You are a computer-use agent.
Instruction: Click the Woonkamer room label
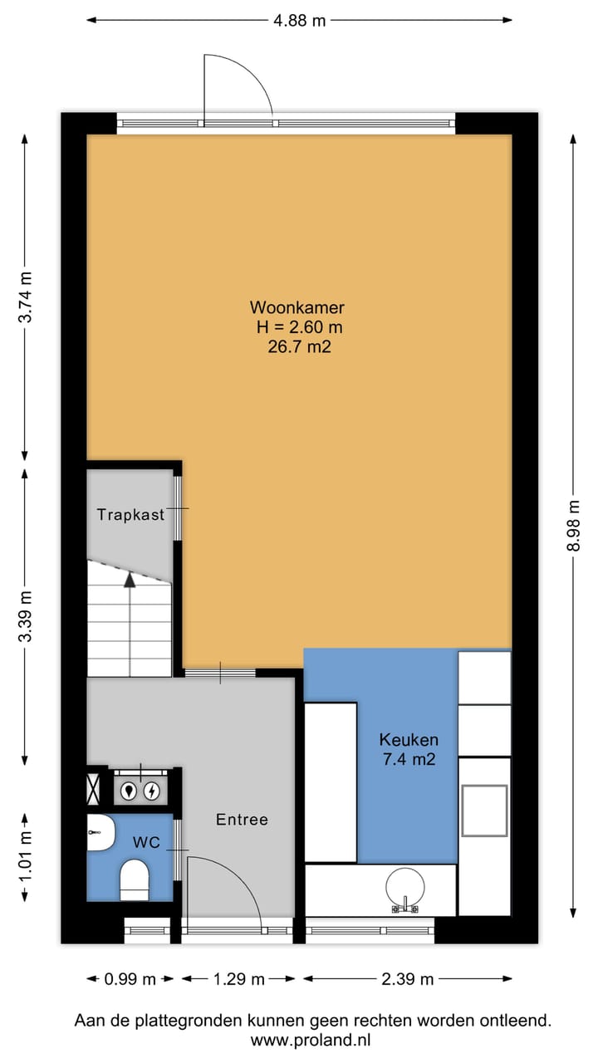(299, 308)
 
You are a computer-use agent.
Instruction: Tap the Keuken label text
(408, 739)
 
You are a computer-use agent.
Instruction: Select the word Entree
(242, 820)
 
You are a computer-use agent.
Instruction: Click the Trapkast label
(130, 514)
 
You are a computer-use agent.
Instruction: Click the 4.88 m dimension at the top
(300, 21)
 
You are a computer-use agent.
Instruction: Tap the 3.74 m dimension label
(26, 296)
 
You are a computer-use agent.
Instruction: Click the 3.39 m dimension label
(26, 615)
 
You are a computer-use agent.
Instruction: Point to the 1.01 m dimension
(26, 855)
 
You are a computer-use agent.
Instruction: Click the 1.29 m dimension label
(238, 979)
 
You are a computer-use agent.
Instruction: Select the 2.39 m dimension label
(407, 979)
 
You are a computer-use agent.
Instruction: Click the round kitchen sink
(405, 886)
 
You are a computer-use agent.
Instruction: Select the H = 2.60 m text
(299, 328)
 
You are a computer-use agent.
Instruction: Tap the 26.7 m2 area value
(299, 348)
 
